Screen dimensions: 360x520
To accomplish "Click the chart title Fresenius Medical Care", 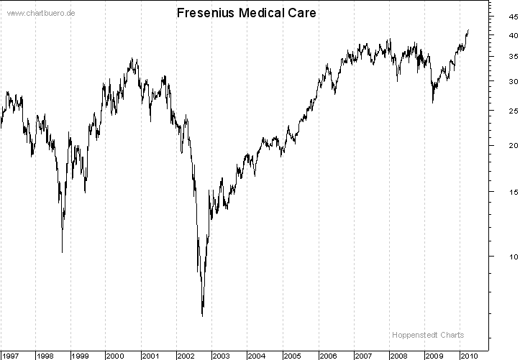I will point(246,14).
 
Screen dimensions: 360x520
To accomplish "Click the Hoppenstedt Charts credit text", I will point(428,335).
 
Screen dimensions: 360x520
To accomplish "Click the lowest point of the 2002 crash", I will point(202,315).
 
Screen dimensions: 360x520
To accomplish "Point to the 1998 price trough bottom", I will point(62,251).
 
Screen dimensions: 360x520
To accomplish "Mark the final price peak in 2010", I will point(468,30).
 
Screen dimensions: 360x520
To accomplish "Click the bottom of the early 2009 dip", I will point(432,102).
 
